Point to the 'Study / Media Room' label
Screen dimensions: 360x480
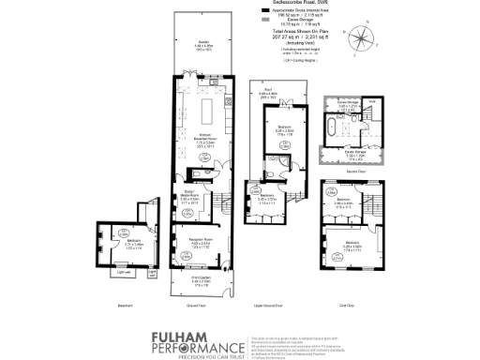[191, 196]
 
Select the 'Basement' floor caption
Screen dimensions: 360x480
[116, 306]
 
